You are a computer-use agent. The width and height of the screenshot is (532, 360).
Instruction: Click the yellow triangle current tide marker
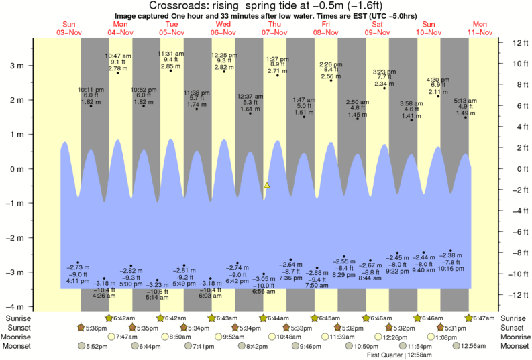tap(267, 184)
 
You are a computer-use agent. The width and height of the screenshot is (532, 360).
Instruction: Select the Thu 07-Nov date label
tap(276, 28)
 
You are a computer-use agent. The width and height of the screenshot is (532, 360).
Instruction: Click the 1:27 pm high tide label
tap(276, 59)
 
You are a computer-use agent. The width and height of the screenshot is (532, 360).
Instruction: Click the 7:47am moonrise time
tap(124, 337)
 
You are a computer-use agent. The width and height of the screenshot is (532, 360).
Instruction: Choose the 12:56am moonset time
tap(473, 346)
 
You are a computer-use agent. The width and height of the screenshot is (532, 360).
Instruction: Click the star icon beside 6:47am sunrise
tap(469, 318)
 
